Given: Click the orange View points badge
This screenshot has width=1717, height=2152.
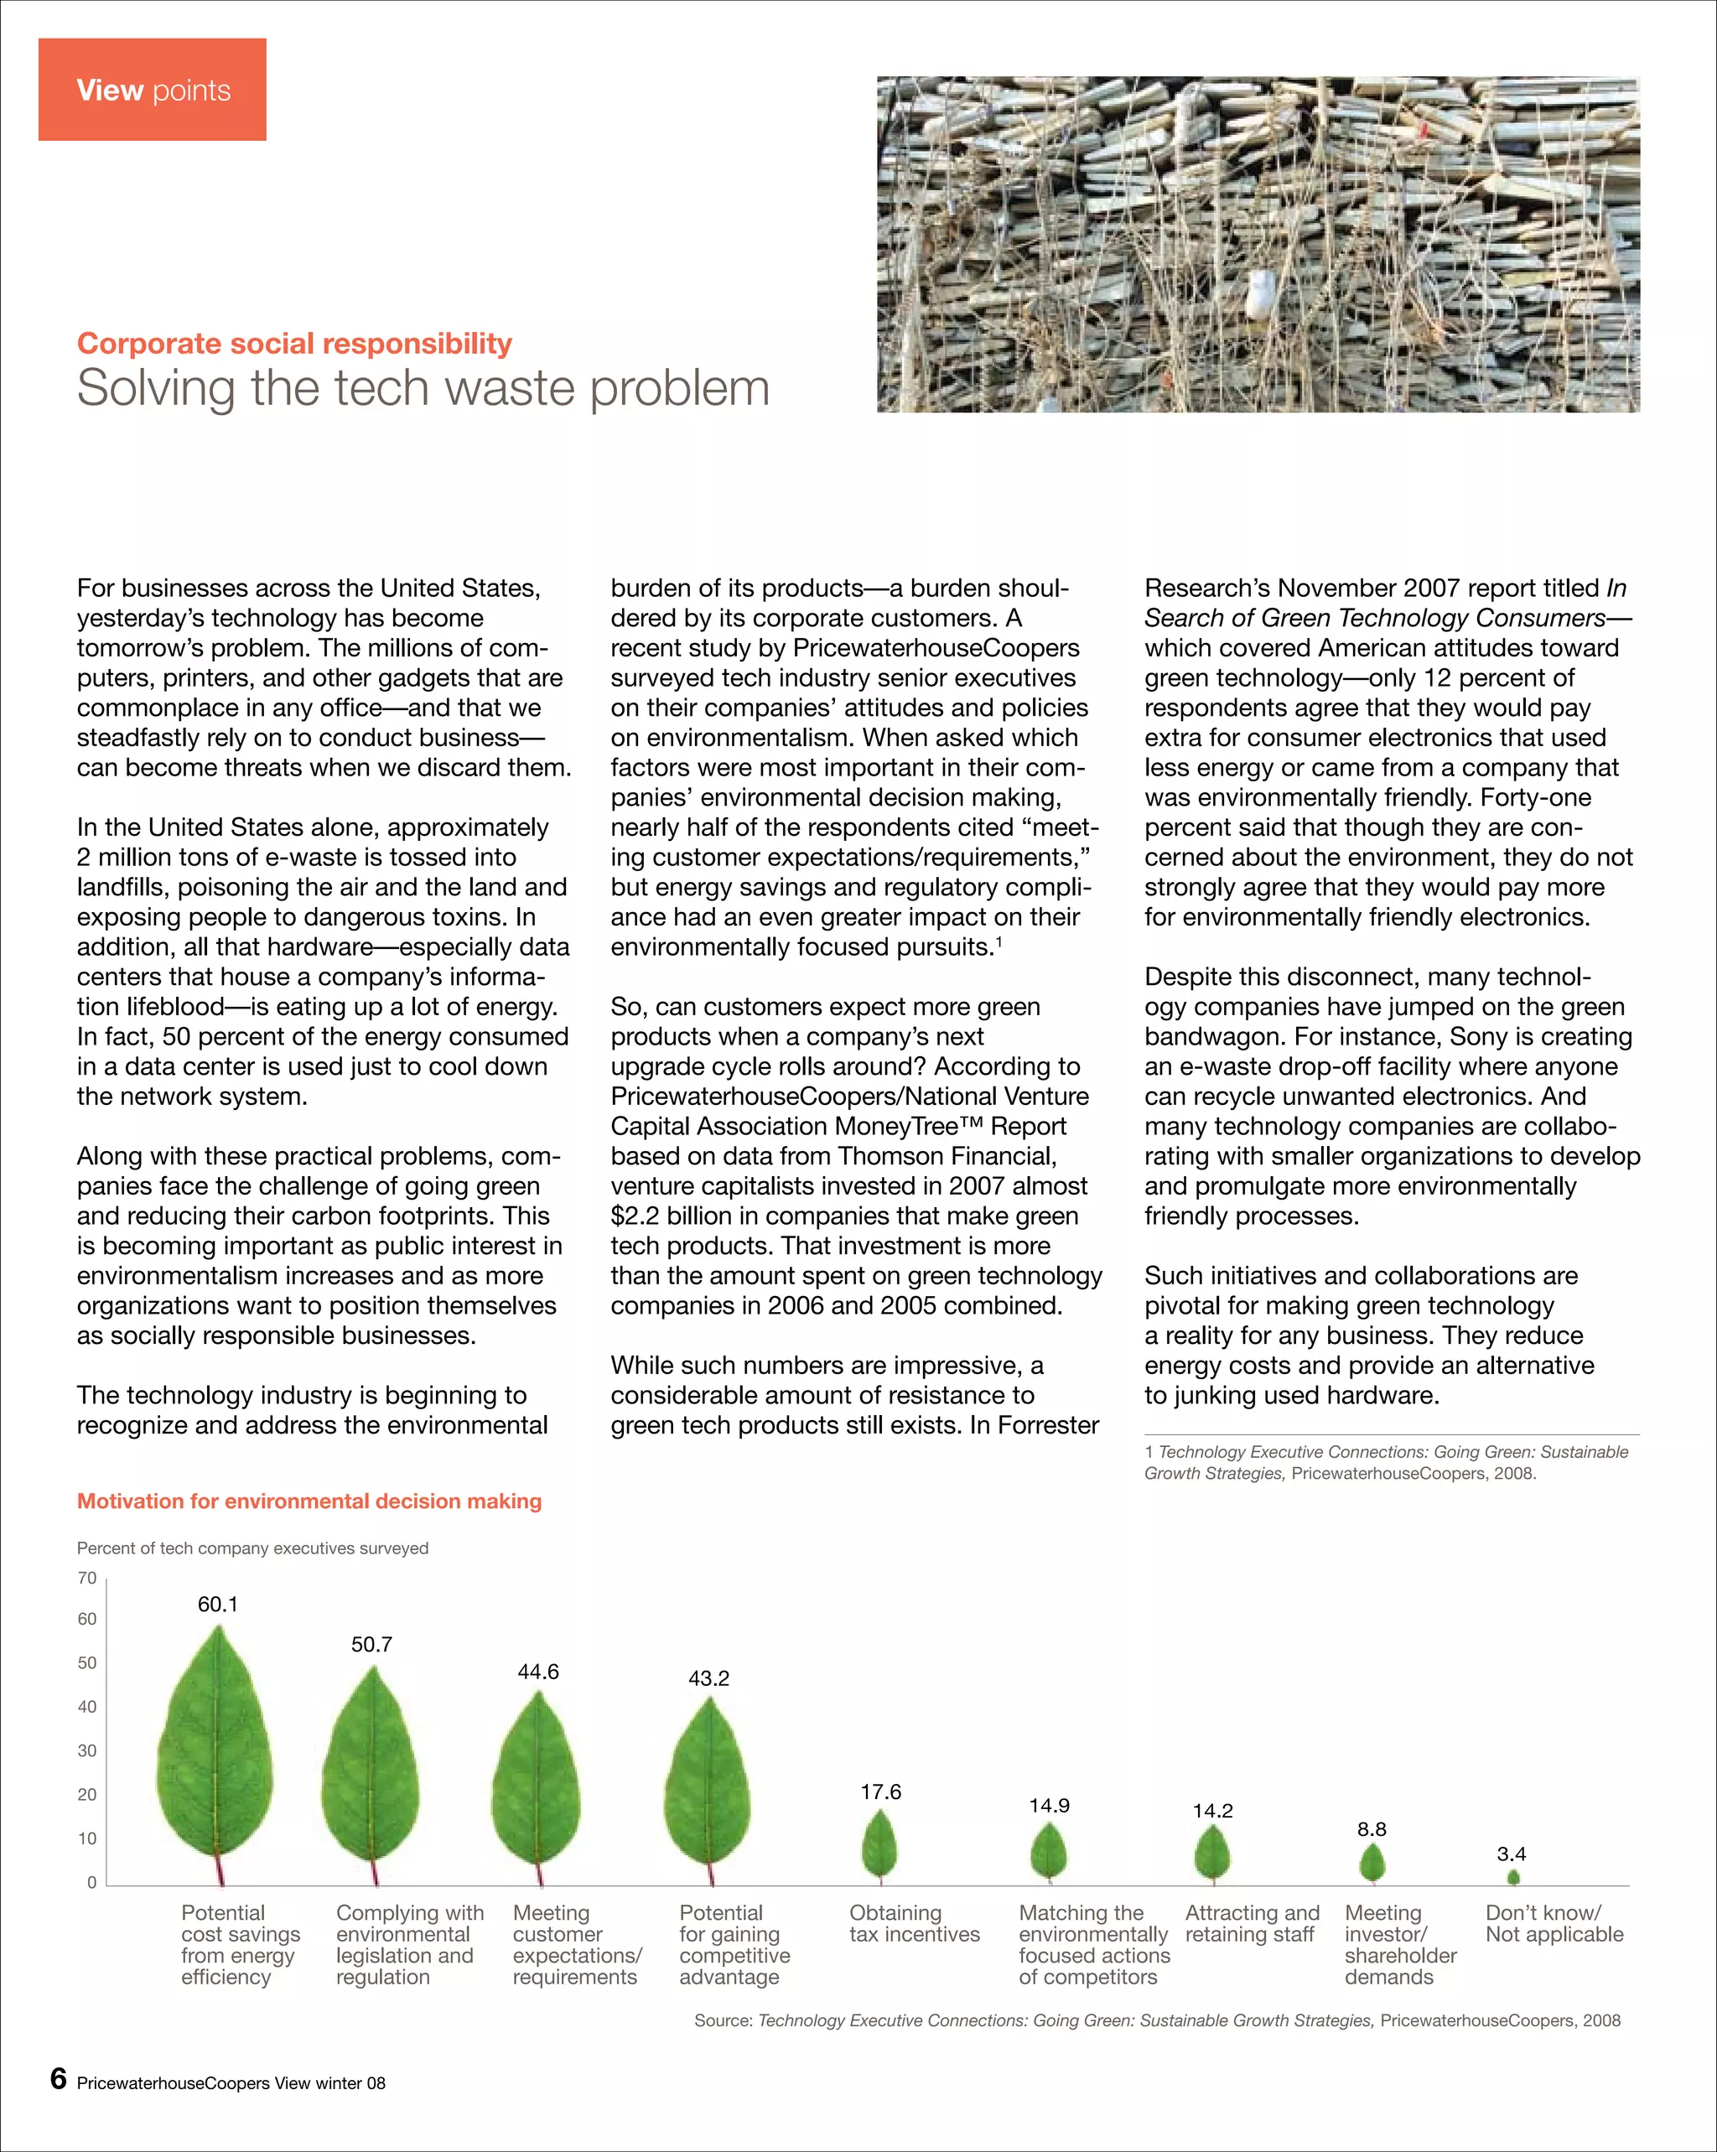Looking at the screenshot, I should [152, 90].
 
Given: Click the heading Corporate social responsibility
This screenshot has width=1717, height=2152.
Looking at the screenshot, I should [293, 344].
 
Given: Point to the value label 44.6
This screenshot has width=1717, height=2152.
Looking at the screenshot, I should [537, 1672].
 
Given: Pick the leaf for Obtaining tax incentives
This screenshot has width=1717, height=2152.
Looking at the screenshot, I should [879, 1844].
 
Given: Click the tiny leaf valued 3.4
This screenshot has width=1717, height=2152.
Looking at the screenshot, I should [1512, 1878].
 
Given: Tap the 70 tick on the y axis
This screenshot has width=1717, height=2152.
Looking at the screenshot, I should [87, 1578].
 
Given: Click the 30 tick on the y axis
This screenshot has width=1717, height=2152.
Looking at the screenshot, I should [87, 1750].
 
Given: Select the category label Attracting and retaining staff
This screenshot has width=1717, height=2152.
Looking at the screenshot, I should [1251, 1923].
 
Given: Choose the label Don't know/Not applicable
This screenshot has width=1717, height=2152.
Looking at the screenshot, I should [1554, 1923].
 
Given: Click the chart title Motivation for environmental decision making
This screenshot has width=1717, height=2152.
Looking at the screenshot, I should [309, 1501].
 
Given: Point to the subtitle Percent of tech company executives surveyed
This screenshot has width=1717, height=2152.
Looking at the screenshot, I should [252, 1548].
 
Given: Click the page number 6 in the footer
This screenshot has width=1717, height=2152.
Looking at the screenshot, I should [58, 2079].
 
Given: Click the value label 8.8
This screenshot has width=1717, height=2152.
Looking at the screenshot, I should [1371, 1829].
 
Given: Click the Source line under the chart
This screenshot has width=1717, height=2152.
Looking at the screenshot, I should [1156, 2020].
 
